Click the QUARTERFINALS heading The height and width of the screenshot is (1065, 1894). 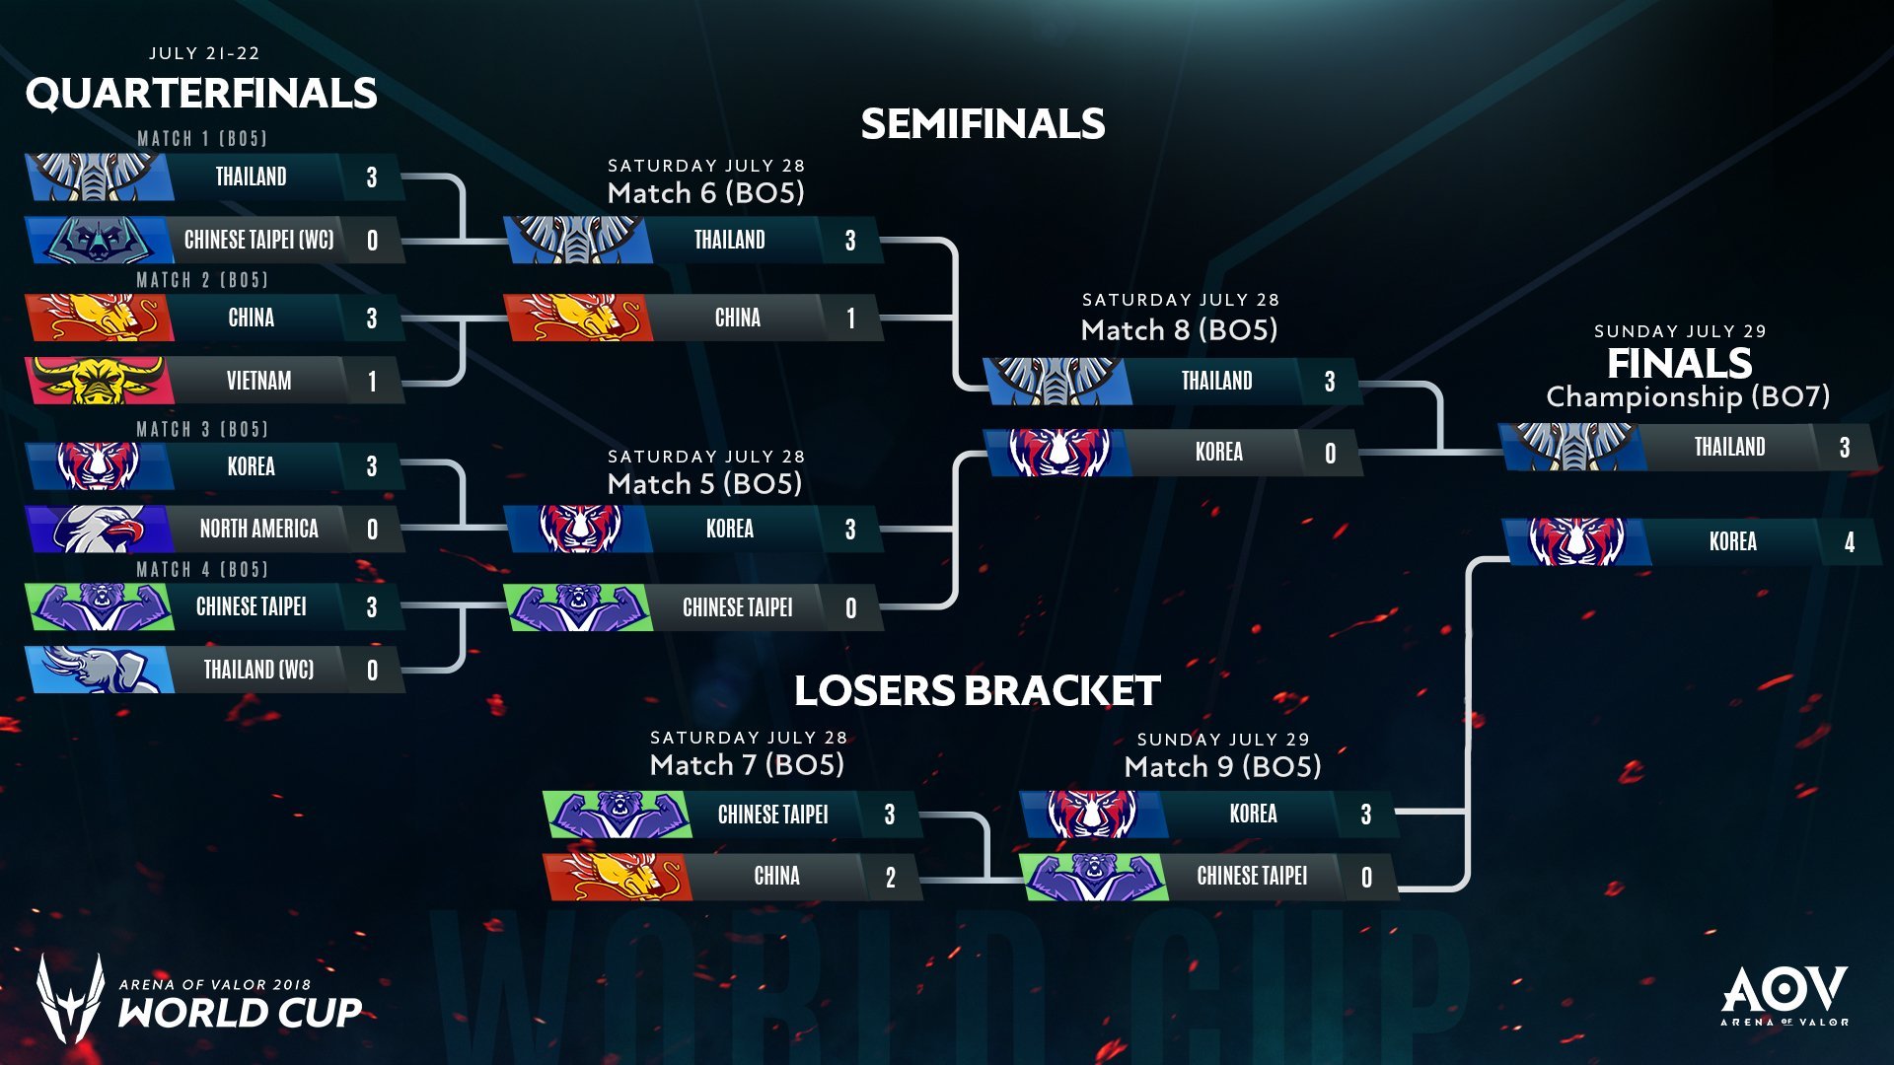(x=201, y=94)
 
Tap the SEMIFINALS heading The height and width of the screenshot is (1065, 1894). (x=983, y=124)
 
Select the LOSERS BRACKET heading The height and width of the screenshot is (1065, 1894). (x=977, y=690)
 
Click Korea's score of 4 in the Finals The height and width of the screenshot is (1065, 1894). (x=1849, y=541)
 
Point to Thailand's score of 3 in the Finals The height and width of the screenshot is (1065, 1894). (x=1844, y=448)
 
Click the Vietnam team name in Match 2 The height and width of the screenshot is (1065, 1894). (x=258, y=381)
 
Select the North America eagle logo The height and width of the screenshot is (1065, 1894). (x=99, y=529)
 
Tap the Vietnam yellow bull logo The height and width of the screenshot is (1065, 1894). (x=97, y=381)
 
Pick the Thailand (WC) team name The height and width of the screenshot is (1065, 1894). (x=258, y=670)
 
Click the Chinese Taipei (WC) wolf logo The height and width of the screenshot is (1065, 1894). (x=97, y=240)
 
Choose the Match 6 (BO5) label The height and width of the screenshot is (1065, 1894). (x=705, y=192)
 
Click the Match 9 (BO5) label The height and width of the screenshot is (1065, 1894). (x=1222, y=766)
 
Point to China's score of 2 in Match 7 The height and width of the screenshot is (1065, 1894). (x=890, y=878)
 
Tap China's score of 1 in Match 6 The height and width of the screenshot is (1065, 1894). (x=850, y=319)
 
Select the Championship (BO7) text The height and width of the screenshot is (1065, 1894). (x=1688, y=396)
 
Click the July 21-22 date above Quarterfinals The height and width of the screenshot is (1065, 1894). (x=204, y=53)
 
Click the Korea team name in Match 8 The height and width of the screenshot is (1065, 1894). (x=1218, y=452)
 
